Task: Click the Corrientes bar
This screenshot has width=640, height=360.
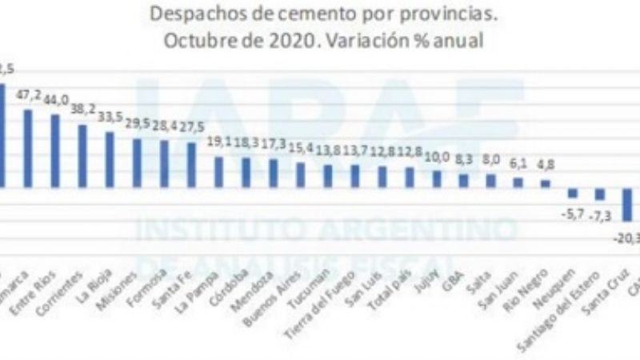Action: tap(82, 155)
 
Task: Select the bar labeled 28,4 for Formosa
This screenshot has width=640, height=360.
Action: tap(164, 164)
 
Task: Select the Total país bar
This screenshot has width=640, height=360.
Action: tap(410, 177)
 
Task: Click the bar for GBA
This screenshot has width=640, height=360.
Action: tap(464, 180)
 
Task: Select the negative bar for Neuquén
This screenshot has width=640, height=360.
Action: tap(573, 193)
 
